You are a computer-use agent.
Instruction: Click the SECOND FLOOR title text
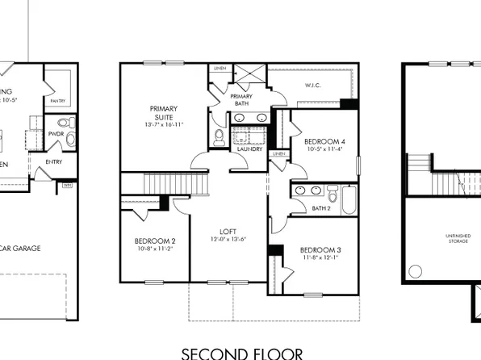(242, 352)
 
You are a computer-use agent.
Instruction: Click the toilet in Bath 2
(333, 194)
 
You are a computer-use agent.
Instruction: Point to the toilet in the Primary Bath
(219, 138)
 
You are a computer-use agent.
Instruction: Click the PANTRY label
(57, 101)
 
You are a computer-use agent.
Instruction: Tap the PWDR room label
(56, 133)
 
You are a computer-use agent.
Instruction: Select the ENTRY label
(54, 161)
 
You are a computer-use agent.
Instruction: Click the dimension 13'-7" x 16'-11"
(164, 125)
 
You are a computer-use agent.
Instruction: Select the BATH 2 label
(321, 208)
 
